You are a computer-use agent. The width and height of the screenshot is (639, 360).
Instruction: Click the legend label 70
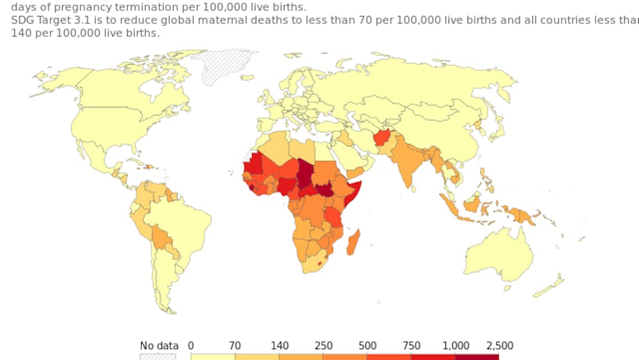(x=235, y=346)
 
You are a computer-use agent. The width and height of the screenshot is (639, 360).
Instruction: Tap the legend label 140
(x=279, y=346)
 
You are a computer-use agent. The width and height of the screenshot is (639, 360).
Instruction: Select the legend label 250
(x=323, y=346)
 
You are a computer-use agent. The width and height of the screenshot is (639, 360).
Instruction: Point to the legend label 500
(x=367, y=346)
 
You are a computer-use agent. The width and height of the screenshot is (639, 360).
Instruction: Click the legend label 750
(x=412, y=346)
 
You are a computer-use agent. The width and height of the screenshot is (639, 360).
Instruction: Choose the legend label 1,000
(x=456, y=346)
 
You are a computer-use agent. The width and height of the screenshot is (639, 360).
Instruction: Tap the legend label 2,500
(x=499, y=346)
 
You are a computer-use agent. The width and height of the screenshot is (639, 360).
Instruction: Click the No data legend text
(x=159, y=346)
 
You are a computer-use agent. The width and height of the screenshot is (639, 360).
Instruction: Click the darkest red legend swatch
(x=477, y=357)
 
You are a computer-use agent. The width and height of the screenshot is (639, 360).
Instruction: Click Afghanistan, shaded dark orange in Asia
(x=382, y=137)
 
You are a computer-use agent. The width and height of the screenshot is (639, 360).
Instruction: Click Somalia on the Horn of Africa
(x=353, y=192)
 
